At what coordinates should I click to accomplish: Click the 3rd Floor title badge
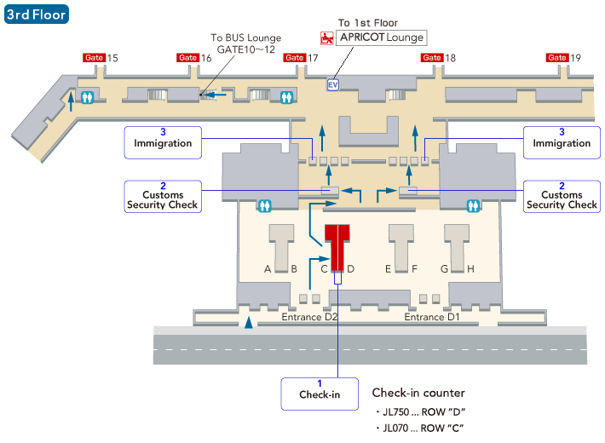[36, 14]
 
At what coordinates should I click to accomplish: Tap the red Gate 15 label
[94, 58]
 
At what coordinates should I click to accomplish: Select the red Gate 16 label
[187, 58]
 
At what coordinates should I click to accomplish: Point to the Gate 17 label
[294, 58]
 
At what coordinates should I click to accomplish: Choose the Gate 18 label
[432, 58]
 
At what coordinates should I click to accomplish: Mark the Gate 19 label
[557, 58]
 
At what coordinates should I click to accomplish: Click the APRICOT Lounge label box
[381, 37]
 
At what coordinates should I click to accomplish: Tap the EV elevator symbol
[333, 84]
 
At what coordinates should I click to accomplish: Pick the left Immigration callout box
[163, 141]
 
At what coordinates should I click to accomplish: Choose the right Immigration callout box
[562, 141]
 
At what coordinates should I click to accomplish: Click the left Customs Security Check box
[163, 196]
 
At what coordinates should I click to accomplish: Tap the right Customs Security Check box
[562, 196]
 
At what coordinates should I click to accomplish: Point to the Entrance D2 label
[310, 318]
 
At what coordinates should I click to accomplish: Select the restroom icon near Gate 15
[86, 97]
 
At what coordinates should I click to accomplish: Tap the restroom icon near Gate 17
[286, 96]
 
